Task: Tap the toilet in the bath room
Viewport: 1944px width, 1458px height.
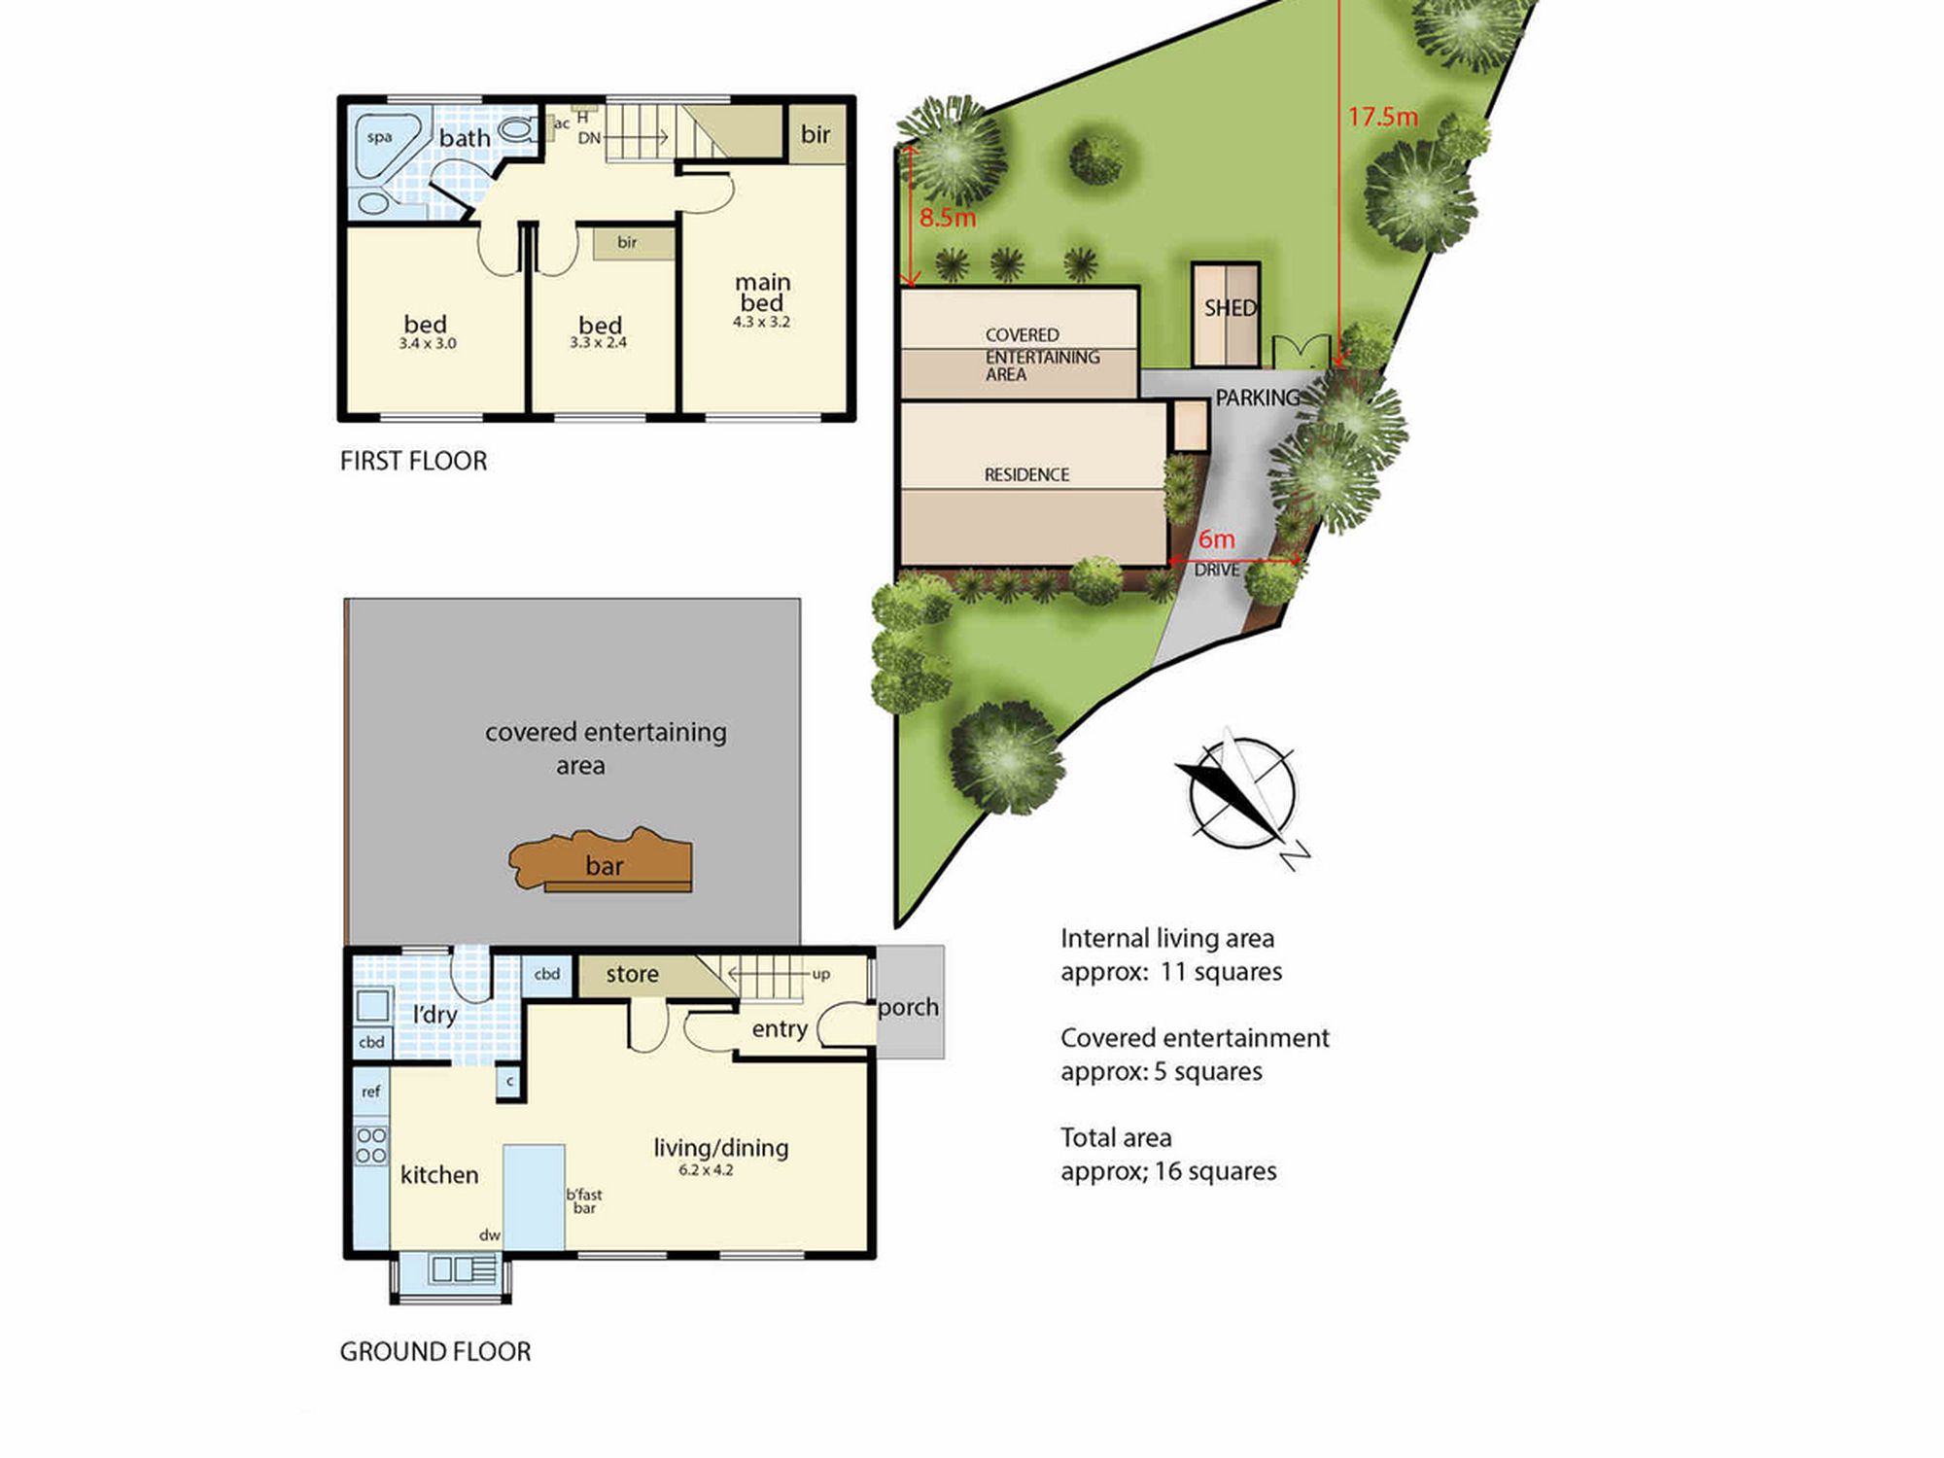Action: [518, 130]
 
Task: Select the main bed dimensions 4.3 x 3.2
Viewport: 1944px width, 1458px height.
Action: [761, 323]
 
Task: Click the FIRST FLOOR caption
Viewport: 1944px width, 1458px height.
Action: [413, 461]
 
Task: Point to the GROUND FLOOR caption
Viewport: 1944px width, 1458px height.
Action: [435, 1352]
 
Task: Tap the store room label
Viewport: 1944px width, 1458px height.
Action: [632, 974]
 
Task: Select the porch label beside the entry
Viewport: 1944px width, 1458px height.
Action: [908, 1008]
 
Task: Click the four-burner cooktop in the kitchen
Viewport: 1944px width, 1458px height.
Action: [370, 1145]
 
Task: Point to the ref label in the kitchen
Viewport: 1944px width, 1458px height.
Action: [370, 1092]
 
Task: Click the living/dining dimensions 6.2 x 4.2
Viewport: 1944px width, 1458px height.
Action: [706, 1170]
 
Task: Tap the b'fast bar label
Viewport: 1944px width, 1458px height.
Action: [584, 1201]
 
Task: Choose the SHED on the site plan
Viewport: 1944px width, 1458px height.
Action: [1227, 313]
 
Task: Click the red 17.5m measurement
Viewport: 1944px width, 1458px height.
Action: [1382, 117]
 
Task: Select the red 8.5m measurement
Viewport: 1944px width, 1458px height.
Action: [948, 218]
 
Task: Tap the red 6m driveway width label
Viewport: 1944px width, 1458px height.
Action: [1216, 538]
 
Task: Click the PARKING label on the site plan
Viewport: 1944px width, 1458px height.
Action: [1258, 398]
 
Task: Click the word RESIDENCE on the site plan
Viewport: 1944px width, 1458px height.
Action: [1026, 475]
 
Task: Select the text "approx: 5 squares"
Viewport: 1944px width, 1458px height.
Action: [1162, 1072]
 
